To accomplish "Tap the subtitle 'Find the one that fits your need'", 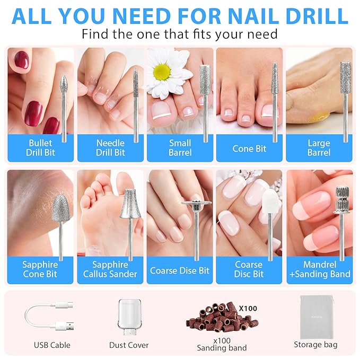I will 180,35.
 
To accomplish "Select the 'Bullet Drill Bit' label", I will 40,148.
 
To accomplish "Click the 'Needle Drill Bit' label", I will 110,148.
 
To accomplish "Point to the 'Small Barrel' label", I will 180,148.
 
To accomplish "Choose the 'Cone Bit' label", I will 249,148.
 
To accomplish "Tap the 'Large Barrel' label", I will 319,148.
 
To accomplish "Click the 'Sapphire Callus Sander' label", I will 110,269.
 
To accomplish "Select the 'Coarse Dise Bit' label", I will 180,270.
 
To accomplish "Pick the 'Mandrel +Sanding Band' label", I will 319,269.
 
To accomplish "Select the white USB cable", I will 48,315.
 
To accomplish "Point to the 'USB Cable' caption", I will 52,345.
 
